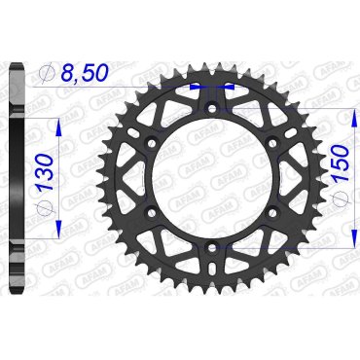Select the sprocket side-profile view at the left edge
[17, 175]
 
